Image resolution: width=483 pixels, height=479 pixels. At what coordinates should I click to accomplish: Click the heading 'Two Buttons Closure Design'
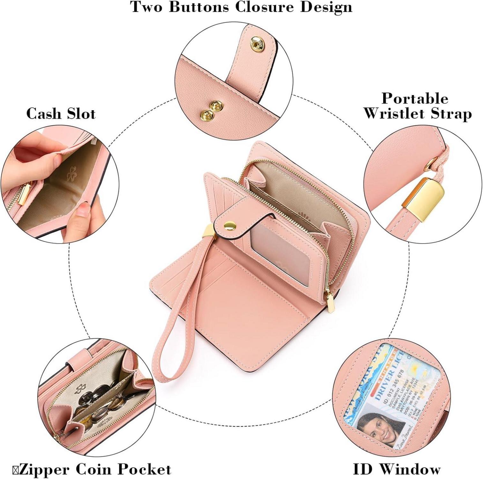tap(241, 7)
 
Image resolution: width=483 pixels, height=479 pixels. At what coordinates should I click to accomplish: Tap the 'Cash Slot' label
tap(61, 114)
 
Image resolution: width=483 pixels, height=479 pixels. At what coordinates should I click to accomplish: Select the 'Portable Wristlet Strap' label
tap(417, 106)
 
